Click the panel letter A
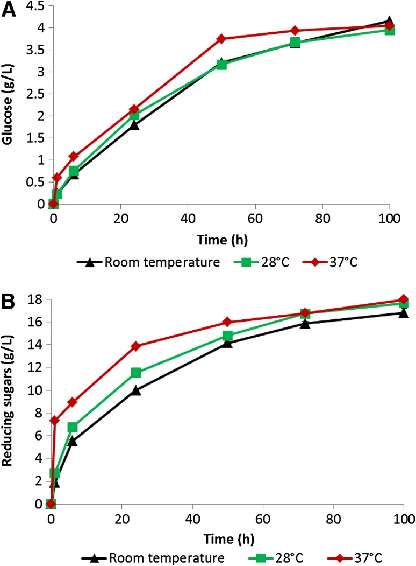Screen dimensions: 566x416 click(x=9, y=10)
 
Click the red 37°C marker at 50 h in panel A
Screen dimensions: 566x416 click(x=221, y=39)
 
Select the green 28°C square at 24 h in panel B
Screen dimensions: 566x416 click(x=136, y=373)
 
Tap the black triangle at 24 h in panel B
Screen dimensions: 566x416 click(x=136, y=390)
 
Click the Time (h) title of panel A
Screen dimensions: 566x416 click(x=221, y=238)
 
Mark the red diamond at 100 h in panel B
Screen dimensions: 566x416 click(x=403, y=299)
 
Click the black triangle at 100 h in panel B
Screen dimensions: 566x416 click(x=403, y=313)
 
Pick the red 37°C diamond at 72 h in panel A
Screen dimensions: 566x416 click(x=295, y=31)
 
